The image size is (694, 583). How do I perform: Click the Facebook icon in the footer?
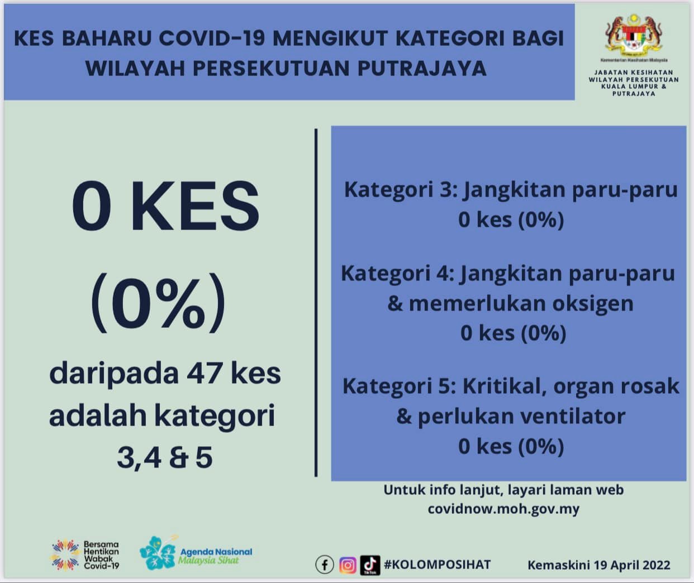click(325, 565)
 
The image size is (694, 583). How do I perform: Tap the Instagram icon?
click(348, 565)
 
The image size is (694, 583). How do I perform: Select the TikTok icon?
click(370, 565)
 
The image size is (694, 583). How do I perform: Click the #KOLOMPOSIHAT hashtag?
click(437, 565)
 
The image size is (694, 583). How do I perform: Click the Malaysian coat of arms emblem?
click(634, 35)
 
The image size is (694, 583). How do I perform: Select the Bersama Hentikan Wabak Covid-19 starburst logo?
click(66, 555)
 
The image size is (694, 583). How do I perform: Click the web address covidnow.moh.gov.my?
click(503, 509)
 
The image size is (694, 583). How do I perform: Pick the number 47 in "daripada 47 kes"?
click(204, 374)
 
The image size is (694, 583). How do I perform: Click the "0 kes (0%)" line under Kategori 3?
click(511, 219)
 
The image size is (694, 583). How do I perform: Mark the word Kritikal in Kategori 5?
click(505, 386)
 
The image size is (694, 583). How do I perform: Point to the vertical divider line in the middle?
click(316, 303)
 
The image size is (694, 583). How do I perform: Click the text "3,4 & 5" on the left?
click(165, 458)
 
